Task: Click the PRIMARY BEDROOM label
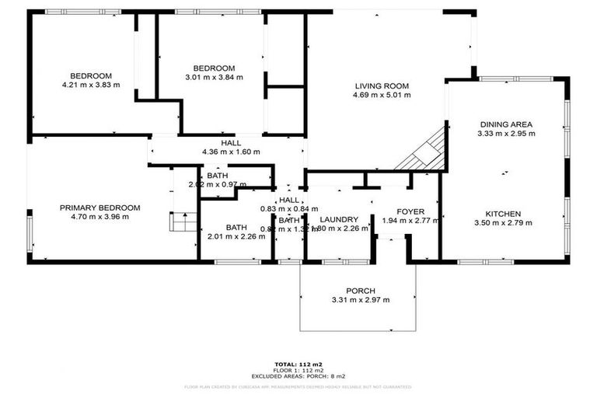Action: coord(99,208)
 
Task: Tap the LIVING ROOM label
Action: coord(382,86)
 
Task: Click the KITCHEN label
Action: coord(504,214)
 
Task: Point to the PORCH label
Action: coord(360,291)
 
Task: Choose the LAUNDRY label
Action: coord(338,219)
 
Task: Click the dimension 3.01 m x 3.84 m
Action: coord(214,77)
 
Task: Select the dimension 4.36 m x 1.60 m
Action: coord(231,152)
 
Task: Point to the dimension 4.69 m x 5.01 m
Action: coord(382,95)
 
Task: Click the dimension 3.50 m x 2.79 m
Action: coord(504,223)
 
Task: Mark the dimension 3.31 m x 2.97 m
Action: coord(360,300)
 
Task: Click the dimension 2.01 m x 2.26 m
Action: coord(236,236)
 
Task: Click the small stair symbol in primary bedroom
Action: coord(183,224)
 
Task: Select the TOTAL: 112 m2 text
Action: coord(298,362)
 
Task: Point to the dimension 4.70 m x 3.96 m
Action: coord(99,217)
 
